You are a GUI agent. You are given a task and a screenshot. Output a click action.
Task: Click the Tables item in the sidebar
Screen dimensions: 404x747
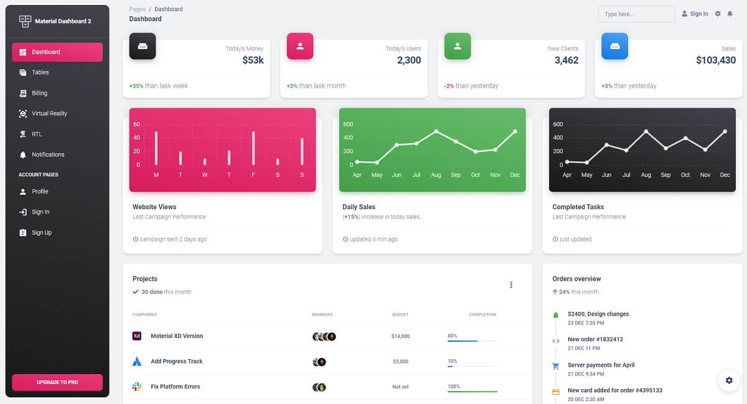coord(40,72)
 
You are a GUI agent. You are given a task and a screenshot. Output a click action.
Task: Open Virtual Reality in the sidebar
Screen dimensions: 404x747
coord(49,113)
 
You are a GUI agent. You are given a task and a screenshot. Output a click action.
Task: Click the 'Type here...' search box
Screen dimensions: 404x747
coord(636,14)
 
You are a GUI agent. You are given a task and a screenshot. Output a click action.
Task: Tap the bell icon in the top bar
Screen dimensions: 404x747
coord(730,14)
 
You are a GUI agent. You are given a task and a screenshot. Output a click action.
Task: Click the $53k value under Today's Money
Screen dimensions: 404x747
coord(253,60)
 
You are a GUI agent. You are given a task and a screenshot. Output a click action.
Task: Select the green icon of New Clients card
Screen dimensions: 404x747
coord(458,46)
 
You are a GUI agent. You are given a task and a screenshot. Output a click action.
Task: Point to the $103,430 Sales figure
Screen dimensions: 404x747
coord(716,60)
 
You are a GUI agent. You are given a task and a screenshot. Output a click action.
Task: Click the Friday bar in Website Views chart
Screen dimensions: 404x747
coord(253,148)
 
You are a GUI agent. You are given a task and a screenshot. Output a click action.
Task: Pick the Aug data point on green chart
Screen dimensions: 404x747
coord(436,131)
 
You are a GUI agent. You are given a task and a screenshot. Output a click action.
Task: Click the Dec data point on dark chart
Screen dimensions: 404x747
coord(725,131)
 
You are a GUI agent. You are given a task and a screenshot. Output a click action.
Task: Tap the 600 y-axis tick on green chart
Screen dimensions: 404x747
coord(348,124)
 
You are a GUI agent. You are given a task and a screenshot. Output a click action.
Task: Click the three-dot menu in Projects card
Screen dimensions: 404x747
coord(511,285)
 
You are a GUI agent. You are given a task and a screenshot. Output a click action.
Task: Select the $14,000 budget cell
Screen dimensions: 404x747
coord(400,336)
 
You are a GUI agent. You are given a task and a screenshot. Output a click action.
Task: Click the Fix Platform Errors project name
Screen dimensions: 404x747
coord(176,387)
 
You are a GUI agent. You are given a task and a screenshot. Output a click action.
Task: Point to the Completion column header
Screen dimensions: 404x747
coord(482,314)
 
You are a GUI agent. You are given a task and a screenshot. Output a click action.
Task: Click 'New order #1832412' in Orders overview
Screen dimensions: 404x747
coord(595,339)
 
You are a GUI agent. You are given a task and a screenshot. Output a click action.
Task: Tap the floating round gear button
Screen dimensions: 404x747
coord(729,380)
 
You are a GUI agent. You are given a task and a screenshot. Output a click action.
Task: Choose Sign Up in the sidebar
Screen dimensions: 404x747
coord(42,232)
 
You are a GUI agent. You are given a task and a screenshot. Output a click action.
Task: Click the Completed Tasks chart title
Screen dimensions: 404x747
coord(578,207)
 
